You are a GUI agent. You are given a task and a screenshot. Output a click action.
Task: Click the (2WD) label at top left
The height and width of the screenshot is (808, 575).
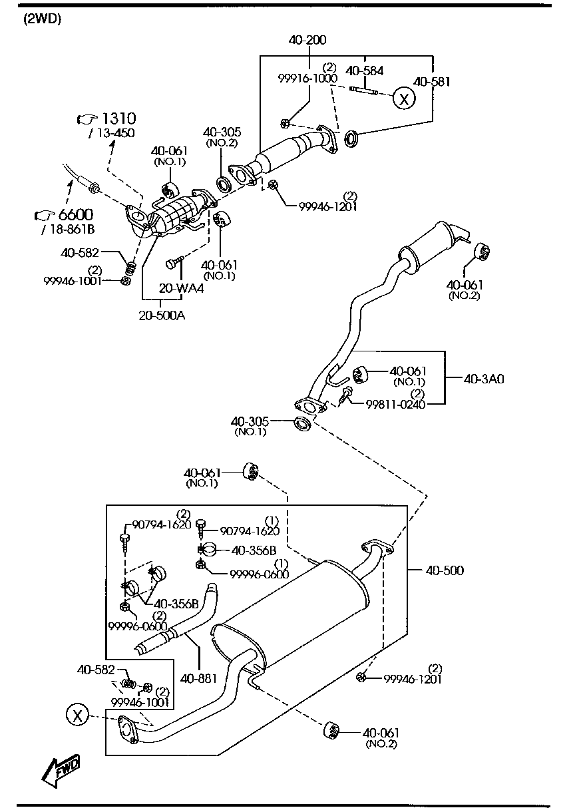tap(42, 19)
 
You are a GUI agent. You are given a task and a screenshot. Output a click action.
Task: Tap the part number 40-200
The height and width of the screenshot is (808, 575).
tap(307, 41)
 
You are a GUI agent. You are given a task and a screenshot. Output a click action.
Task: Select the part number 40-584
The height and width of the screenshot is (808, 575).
tap(365, 70)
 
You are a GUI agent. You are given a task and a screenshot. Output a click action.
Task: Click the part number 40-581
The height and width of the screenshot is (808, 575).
tap(432, 82)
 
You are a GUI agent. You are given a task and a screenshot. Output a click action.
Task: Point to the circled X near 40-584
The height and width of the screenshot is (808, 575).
tap(403, 99)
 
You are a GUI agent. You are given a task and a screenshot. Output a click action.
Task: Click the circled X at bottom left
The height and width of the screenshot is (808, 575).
tap(78, 715)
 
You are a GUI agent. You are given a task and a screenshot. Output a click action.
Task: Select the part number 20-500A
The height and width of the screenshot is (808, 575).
tap(162, 315)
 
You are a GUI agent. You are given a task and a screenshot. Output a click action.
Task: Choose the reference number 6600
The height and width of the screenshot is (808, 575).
tap(75, 215)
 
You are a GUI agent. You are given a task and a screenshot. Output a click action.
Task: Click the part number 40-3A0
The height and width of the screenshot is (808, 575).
tap(484, 379)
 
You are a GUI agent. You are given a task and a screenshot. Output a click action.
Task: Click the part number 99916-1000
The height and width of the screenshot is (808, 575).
tap(307, 78)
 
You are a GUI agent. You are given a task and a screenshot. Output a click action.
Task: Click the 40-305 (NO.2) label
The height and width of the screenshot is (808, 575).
tap(222, 137)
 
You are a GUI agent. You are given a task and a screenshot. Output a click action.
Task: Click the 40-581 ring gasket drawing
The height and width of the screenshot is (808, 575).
tap(351, 138)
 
